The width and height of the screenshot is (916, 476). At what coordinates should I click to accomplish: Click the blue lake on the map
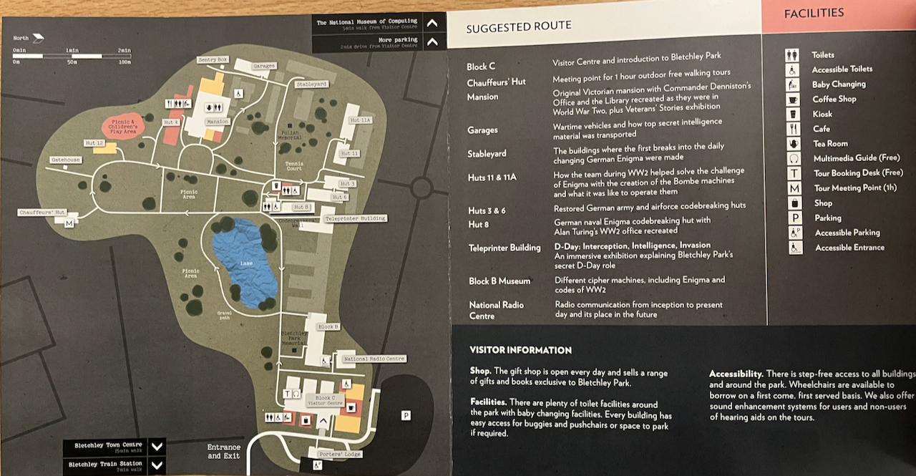[x=245, y=263]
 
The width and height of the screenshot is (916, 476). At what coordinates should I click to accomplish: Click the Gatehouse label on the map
[x=65, y=160]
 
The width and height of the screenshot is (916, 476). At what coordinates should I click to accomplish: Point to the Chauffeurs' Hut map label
[x=42, y=213]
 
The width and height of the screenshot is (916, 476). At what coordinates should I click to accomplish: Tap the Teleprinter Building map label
[x=356, y=218]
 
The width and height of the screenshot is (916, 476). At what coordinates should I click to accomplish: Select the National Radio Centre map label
[x=374, y=359]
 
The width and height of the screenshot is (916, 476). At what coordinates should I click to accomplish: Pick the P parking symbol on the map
[x=406, y=415]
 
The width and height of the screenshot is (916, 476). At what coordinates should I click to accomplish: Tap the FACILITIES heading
[x=814, y=14]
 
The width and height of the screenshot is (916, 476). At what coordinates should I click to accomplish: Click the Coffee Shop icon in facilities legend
[x=793, y=99]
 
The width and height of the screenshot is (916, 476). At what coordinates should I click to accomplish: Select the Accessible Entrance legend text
[x=849, y=248]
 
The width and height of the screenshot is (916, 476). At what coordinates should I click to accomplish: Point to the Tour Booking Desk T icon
[x=794, y=173]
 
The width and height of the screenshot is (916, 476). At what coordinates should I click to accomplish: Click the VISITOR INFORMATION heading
[x=520, y=350]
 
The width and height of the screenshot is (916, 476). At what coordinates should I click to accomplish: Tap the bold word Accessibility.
[x=735, y=374]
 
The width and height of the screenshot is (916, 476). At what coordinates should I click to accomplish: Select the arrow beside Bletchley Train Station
[x=157, y=465]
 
